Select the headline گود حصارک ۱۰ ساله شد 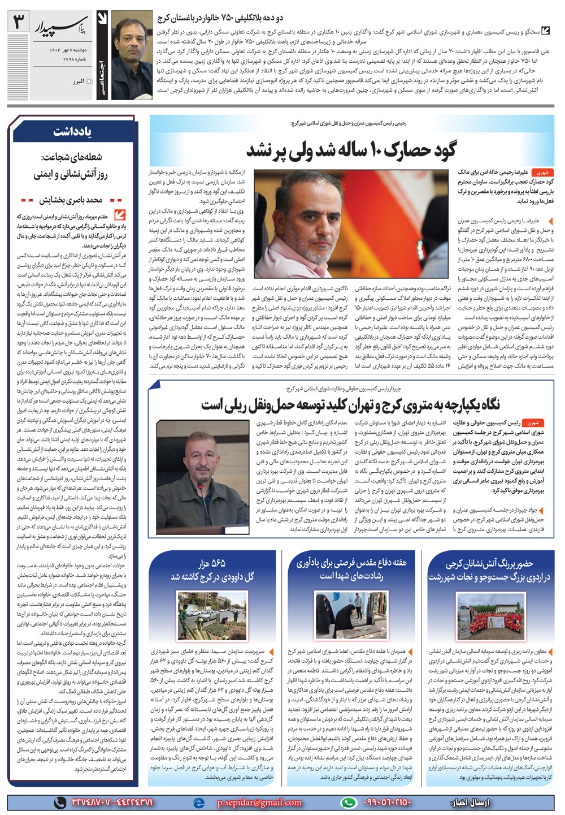pos(351,150)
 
